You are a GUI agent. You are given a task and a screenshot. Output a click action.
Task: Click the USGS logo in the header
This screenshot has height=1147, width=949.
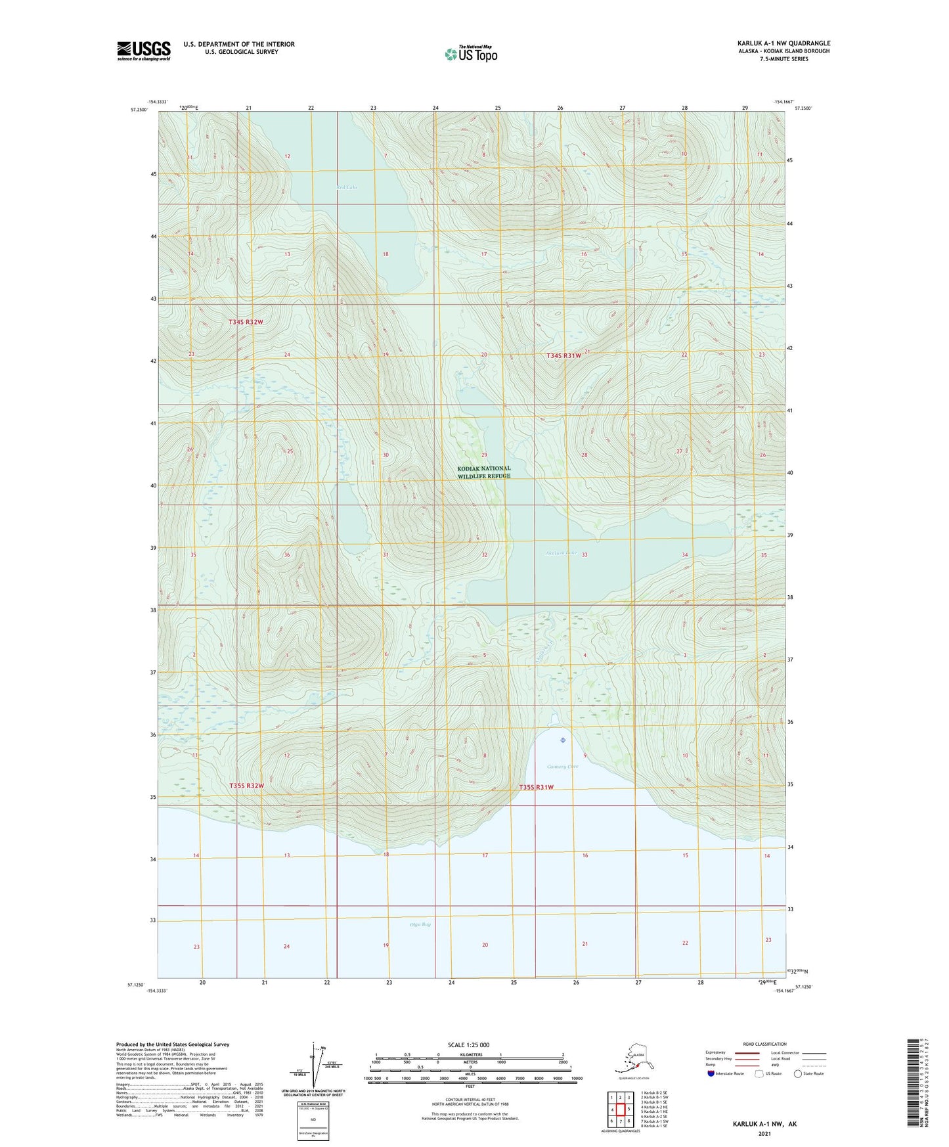pyautogui.click(x=143, y=51)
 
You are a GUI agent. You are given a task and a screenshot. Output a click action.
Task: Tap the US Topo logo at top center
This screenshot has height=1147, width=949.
pyautogui.click(x=471, y=53)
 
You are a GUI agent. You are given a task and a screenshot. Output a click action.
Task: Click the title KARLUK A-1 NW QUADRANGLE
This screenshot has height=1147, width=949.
pyautogui.click(x=783, y=43)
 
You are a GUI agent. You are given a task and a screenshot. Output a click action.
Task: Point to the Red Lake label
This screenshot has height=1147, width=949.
pyautogui.click(x=347, y=188)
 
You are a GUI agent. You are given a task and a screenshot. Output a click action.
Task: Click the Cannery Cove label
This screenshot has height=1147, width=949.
pyautogui.click(x=563, y=767)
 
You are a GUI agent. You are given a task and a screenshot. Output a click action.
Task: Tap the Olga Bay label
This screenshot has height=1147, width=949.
pyautogui.click(x=420, y=925)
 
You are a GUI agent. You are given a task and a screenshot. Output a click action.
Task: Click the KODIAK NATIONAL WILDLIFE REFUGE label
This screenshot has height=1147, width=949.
pyautogui.click(x=484, y=472)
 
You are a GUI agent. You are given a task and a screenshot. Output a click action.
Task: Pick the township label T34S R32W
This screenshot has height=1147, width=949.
pyautogui.click(x=246, y=322)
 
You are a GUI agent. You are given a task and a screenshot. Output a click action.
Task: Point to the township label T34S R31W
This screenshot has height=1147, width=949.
pyautogui.click(x=563, y=355)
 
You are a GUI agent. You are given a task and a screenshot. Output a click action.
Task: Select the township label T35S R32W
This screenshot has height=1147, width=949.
pyautogui.click(x=247, y=786)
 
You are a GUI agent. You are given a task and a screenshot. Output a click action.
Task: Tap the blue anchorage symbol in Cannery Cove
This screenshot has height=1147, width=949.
pyautogui.click(x=563, y=740)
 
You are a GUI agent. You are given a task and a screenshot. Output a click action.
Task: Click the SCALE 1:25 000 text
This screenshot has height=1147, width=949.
pyautogui.click(x=468, y=1045)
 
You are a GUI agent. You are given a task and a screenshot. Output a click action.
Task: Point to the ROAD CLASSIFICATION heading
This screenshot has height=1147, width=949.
pyautogui.click(x=764, y=1044)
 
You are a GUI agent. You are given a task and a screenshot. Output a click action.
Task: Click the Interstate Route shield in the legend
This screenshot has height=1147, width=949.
pyautogui.click(x=711, y=1073)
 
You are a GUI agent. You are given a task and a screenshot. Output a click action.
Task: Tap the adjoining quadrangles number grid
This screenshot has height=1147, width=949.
pyautogui.click(x=620, y=1110)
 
